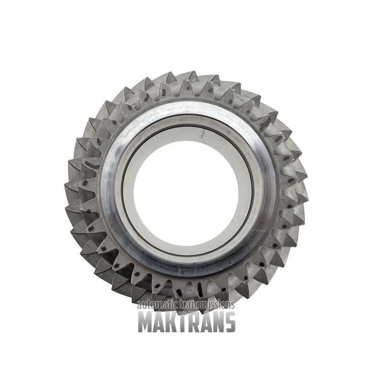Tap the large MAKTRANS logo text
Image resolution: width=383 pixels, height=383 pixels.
pos(187,321)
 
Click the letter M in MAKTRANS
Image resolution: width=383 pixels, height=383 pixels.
pos(146,321)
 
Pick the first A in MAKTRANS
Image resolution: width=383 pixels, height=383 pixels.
pos(161,321)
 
